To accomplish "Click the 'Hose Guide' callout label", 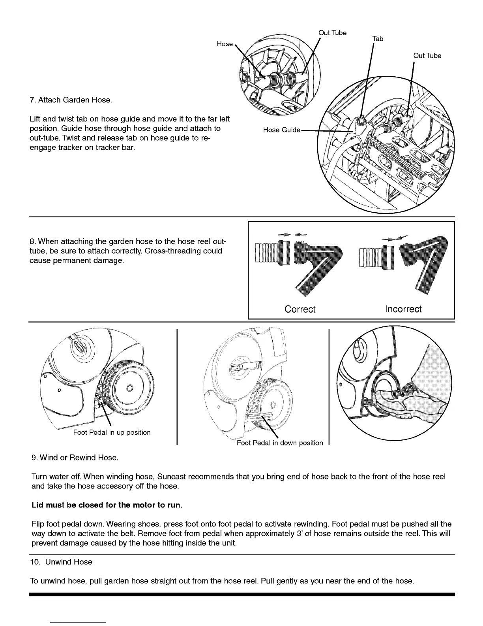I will pyautogui.click(x=282, y=130).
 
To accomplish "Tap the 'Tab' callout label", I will pyautogui.click(x=378, y=39).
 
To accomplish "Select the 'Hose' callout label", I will pyautogui.click(x=225, y=44).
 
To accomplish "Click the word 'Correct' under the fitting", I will pyautogui.click(x=300, y=309).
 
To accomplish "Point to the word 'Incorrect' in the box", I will pyautogui.click(x=403, y=309).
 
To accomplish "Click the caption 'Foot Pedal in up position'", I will pyautogui.click(x=112, y=432).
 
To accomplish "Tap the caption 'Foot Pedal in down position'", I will pyautogui.click(x=280, y=443).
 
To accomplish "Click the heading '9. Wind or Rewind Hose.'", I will pyautogui.click(x=75, y=458).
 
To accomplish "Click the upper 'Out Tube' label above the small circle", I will pyautogui.click(x=332, y=33).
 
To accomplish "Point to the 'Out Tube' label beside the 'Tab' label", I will pyautogui.click(x=427, y=56).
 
